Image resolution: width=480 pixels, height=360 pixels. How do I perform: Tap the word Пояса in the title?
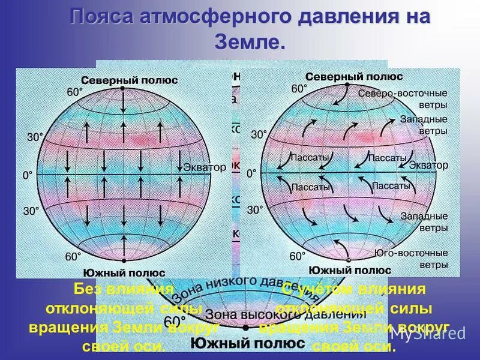103,17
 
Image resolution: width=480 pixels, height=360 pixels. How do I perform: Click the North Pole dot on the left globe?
123,88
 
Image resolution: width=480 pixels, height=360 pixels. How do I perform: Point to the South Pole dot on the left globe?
123,261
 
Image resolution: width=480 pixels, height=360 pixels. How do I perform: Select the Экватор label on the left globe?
205,167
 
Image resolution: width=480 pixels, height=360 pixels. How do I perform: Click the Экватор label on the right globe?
428,165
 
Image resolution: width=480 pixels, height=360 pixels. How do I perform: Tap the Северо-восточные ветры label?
403,99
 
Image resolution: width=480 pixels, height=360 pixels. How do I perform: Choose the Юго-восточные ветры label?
411,258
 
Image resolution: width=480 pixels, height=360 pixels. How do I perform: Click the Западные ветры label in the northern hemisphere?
424,125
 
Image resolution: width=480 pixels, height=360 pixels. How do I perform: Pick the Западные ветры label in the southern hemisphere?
424,221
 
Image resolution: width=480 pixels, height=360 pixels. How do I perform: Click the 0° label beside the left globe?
27,175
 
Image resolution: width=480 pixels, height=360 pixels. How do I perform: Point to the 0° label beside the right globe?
251,173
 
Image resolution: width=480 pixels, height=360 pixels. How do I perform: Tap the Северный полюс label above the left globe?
129,80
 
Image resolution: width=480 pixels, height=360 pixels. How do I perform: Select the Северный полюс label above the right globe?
353,77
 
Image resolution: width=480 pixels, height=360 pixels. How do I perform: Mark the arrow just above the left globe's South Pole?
123,245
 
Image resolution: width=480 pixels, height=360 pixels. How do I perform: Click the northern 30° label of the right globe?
259,135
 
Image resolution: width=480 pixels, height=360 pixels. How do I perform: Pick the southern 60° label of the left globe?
73,257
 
